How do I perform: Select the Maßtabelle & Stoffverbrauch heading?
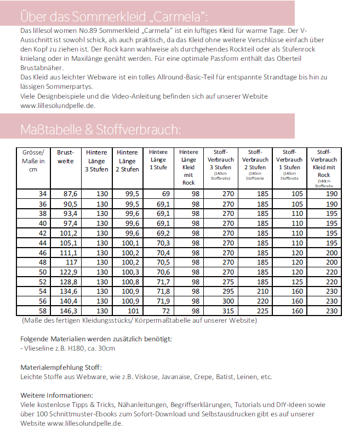100,130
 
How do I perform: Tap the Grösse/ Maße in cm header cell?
33,161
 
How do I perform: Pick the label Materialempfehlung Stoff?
61,367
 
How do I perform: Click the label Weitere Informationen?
56,395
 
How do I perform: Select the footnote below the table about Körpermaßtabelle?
139,320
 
